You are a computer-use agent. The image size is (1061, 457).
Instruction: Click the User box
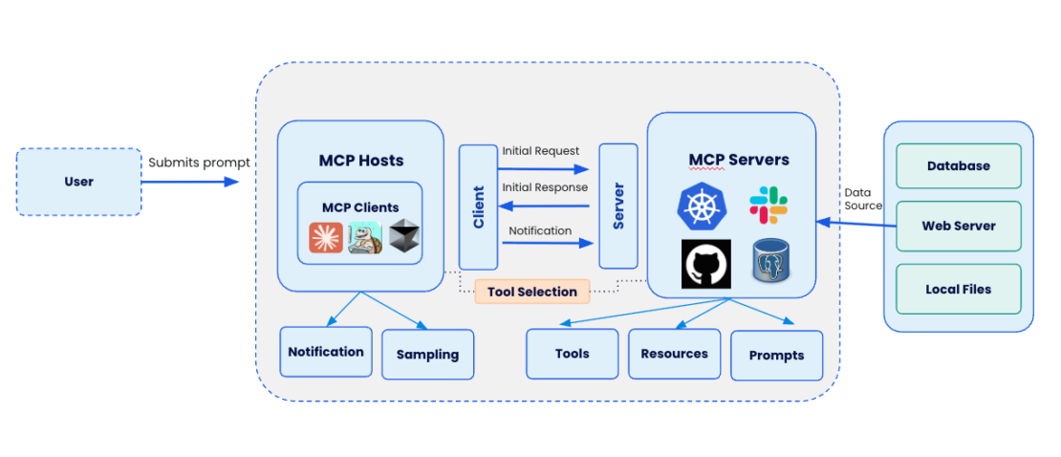click(x=79, y=182)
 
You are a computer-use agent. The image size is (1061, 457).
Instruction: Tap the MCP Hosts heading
click(x=360, y=160)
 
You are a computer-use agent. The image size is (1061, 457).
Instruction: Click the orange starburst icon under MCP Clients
click(x=326, y=238)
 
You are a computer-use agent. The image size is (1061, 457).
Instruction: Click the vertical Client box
click(x=478, y=207)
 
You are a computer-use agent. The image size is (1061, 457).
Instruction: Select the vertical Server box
click(x=617, y=207)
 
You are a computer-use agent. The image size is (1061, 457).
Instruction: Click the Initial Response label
click(x=545, y=187)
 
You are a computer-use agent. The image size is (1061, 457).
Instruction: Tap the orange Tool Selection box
click(x=531, y=292)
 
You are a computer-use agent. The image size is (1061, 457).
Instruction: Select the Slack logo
click(x=769, y=203)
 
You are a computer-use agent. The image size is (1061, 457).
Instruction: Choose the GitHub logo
click(x=705, y=264)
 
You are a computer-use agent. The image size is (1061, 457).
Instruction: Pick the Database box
click(x=958, y=166)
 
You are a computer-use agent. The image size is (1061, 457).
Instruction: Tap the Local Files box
click(x=958, y=289)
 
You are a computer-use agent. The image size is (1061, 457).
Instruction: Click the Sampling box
click(x=427, y=354)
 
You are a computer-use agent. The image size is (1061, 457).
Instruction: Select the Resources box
click(x=674, y=354)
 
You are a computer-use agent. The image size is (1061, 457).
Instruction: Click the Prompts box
click(x=776, y=355)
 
